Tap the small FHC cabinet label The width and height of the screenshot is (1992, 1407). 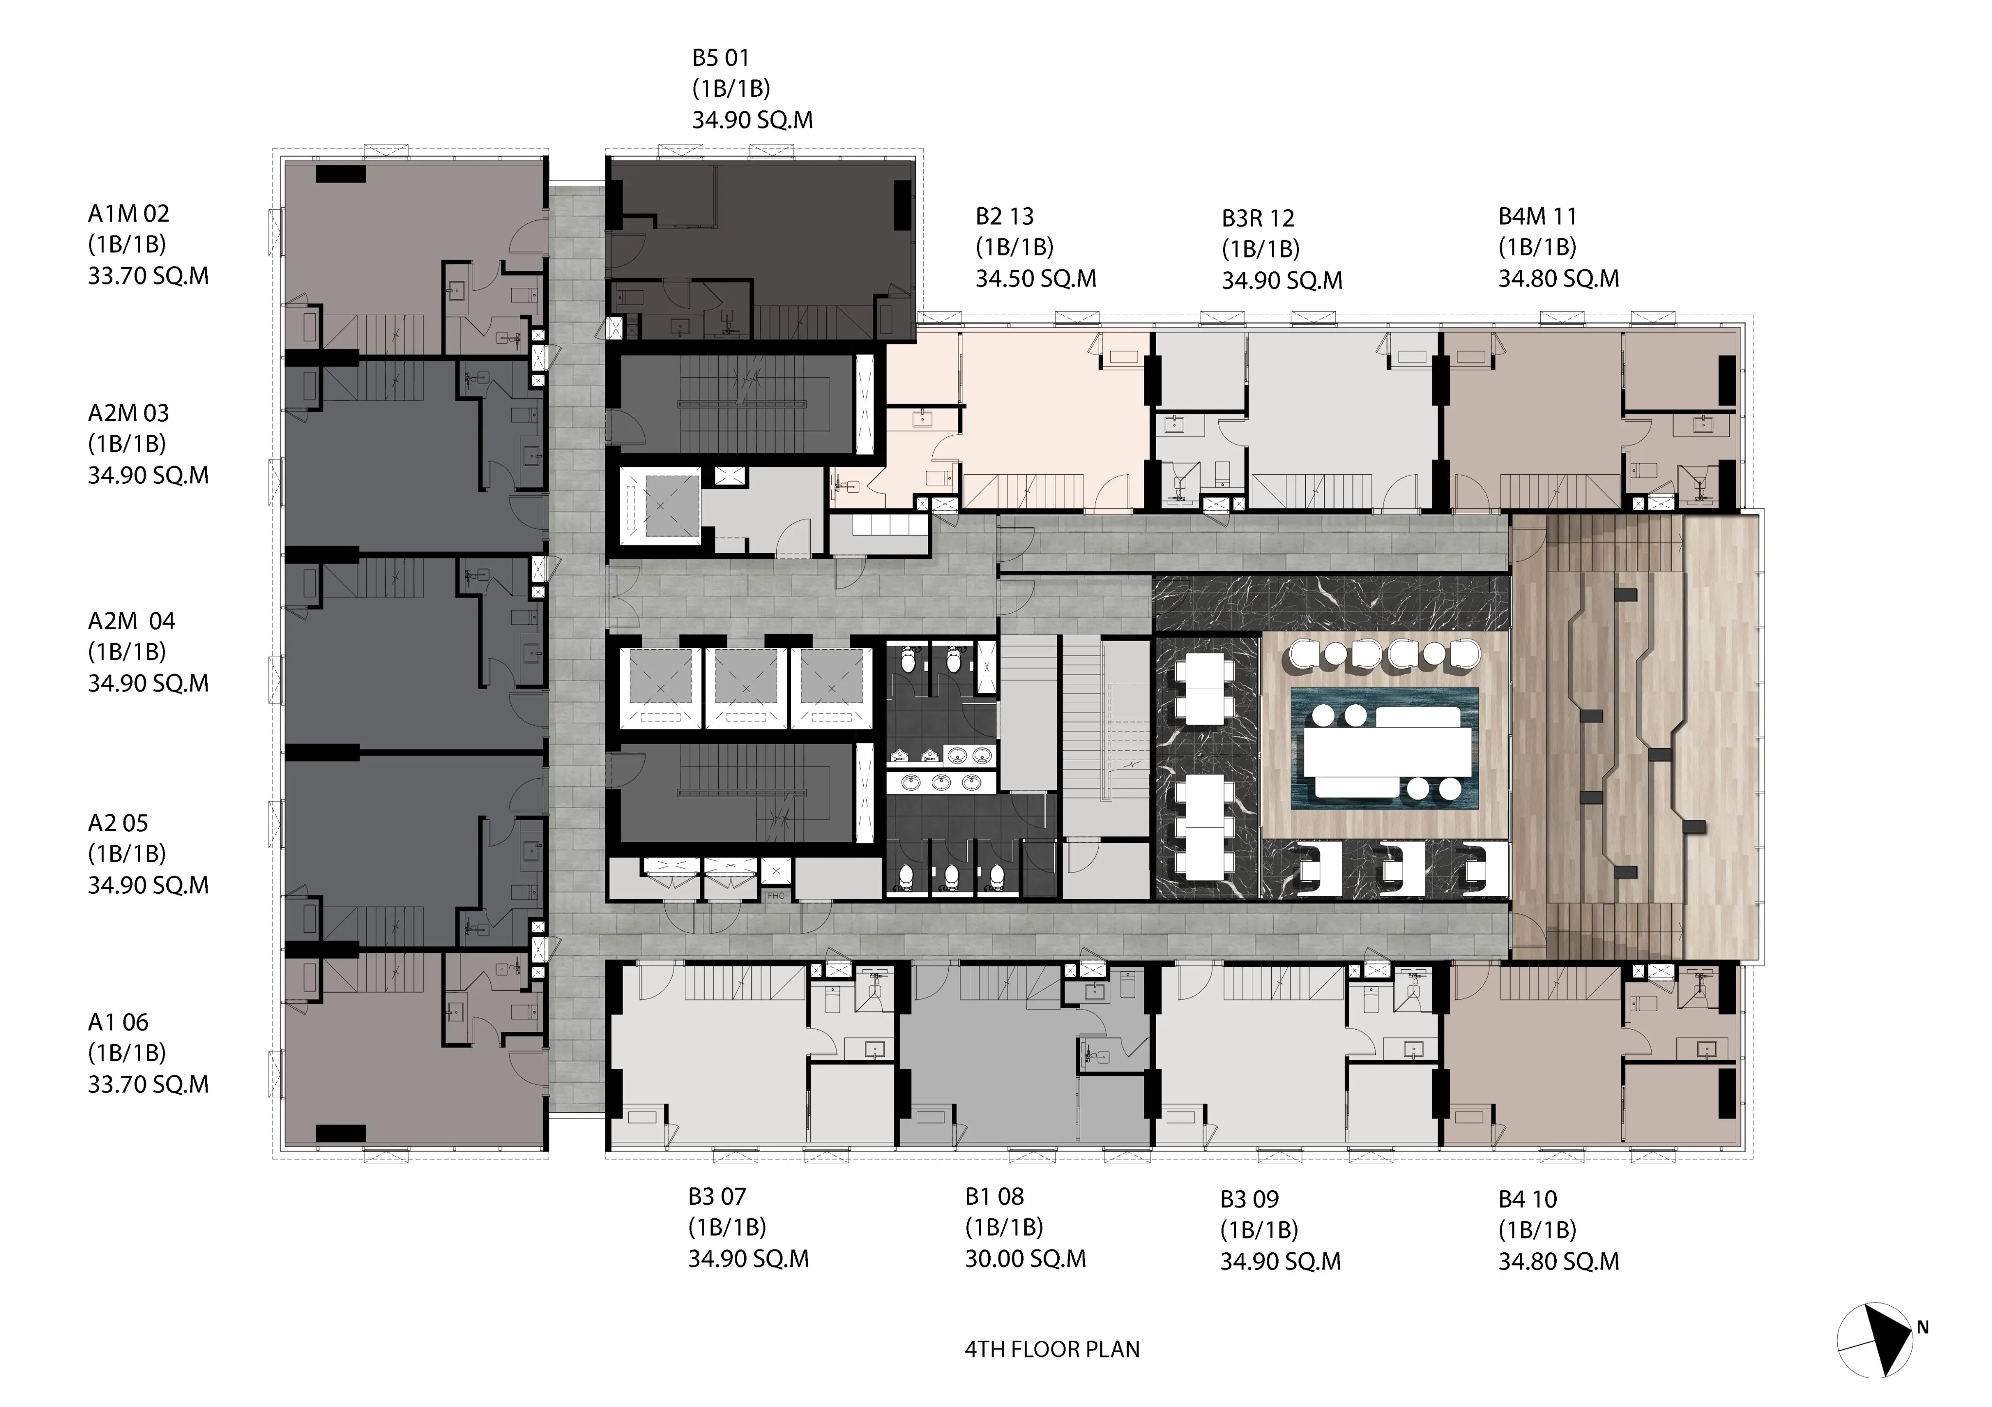pos(775,896)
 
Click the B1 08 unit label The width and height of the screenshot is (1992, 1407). pos(994,1196)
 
